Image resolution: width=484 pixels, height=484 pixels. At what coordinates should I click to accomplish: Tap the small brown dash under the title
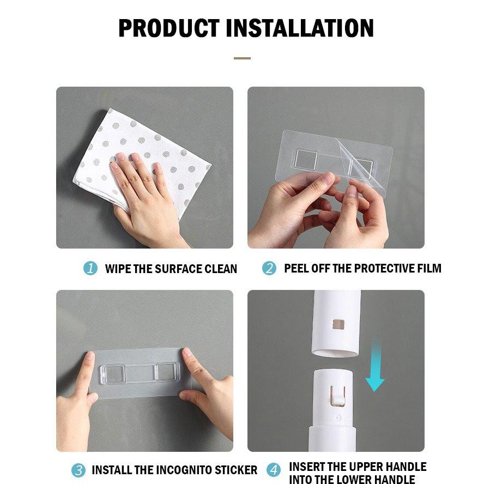pyautogui.click(x=242, y=58)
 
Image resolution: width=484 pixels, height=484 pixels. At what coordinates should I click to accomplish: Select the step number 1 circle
pyautogui.click(x=90, y=268)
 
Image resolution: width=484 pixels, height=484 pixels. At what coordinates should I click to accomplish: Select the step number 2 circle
pyautogui.click(x=269, y=268)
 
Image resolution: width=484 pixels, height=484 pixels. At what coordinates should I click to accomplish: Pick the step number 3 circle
pyautogui.click(x=78, y=470)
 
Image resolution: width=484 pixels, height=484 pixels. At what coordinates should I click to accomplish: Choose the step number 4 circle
pyautogui.click(x=274, y=470)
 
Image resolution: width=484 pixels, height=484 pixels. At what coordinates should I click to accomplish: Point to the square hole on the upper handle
pyautogui.click(x=338, y=324)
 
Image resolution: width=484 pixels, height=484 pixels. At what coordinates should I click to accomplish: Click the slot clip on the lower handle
pyautogui.click(x=338, y=395)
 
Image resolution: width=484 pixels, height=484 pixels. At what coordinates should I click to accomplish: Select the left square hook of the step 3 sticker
pyautogui.click(x=113, y=373)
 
